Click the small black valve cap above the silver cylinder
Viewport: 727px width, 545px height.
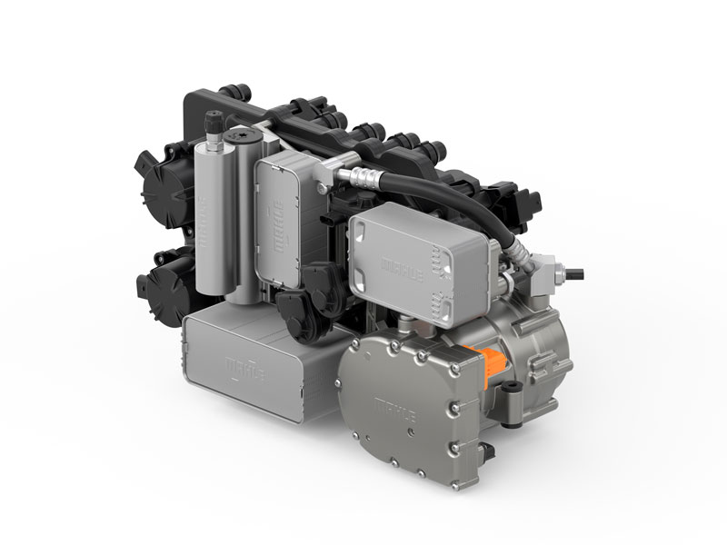212,121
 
